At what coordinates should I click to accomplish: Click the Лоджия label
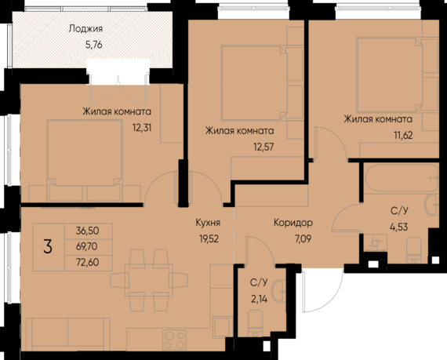86,29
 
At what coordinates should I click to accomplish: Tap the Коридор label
294,222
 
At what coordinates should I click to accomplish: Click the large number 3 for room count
48,247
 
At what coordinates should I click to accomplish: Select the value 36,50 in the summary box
88,231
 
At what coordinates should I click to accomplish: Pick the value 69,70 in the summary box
88,245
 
